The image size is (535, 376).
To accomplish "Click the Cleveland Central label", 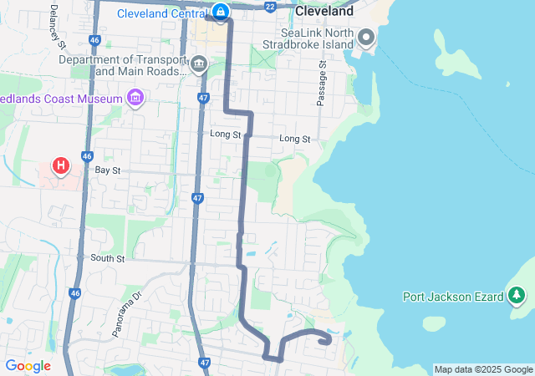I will (160, 13).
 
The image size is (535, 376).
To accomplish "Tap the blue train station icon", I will (220, 12).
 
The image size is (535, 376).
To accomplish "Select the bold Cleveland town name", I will (324, 13).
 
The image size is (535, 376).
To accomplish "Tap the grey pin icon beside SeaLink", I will (365, 37).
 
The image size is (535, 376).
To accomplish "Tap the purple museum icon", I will (135, 99).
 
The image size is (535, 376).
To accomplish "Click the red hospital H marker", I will (60, 166).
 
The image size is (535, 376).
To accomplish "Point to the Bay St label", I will (108, 170).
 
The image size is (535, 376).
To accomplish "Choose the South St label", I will (107, 258).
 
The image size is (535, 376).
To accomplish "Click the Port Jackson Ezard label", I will (452, 296).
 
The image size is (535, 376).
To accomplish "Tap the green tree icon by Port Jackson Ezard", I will (517, 296).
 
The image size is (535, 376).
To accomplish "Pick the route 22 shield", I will (269, 6).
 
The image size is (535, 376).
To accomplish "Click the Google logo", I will (28, 366).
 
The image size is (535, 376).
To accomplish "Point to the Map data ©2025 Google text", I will (483, 369).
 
